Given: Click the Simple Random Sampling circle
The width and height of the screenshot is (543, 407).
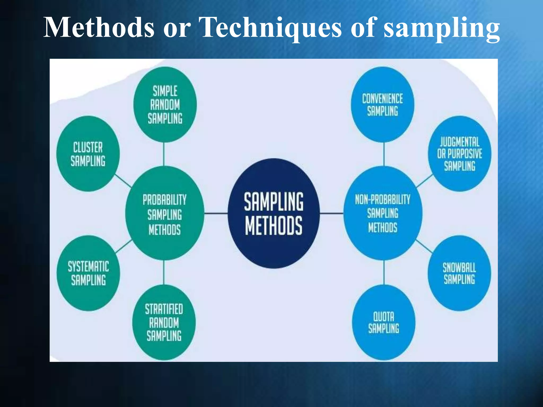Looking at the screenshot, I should pyautogui.click(x=165, y=104).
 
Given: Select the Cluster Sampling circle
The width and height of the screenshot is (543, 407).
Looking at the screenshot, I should pyautogui.click(x=88, y=154).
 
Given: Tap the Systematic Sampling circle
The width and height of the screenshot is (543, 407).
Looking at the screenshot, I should pyautogui.click(x=88, y=273).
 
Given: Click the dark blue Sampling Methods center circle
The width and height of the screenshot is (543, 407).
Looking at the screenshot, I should pyautogui.click(x=274, y=213).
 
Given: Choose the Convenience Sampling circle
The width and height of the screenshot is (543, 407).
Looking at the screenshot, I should pyautogui.click(x=382, y=104).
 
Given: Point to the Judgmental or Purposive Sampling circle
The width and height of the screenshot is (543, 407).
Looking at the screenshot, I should pyautogui.click(x=459, y=154).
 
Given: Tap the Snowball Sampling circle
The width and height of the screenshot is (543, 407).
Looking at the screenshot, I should pyautogui.click(x=459, y=273).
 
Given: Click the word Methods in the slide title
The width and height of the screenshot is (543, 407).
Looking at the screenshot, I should pyautogui.click(x=99, y=28).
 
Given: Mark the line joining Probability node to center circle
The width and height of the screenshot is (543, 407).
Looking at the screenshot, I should pyautogui.click(x=216, y=213).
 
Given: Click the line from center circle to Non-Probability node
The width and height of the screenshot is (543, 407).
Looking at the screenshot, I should pyautogui.click(x=331, y=213).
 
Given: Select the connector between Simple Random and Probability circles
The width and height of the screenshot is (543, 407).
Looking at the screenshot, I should pyautogui.click(x=164, y=154).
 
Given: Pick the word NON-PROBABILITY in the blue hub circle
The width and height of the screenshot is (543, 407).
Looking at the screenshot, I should pyautogui.click(x=383, y=199).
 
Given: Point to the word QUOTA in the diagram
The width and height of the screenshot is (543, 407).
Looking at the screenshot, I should pyautogui.click(x=384, y=316).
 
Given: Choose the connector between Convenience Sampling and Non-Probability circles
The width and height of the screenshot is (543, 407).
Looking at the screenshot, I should pyautogui.click(x=384, y=154).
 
